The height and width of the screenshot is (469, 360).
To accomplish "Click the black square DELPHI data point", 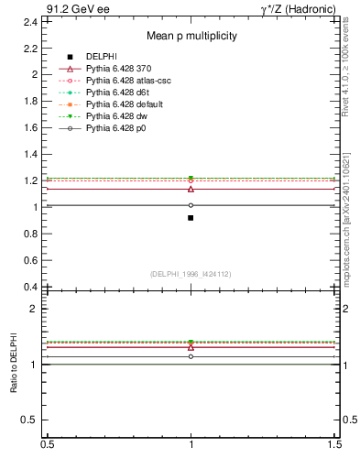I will click(x=191, y=218).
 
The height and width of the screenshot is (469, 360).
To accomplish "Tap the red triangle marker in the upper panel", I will click(x=191, y=189).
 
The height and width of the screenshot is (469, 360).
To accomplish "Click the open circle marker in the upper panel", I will click(x=191, y=205).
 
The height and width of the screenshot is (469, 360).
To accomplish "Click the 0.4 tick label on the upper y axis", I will click(x=30, y=287).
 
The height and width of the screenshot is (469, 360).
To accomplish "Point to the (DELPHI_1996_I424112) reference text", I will click(x=191, y=274).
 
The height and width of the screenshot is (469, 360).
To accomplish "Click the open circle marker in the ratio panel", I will click(x=191, y=356).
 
